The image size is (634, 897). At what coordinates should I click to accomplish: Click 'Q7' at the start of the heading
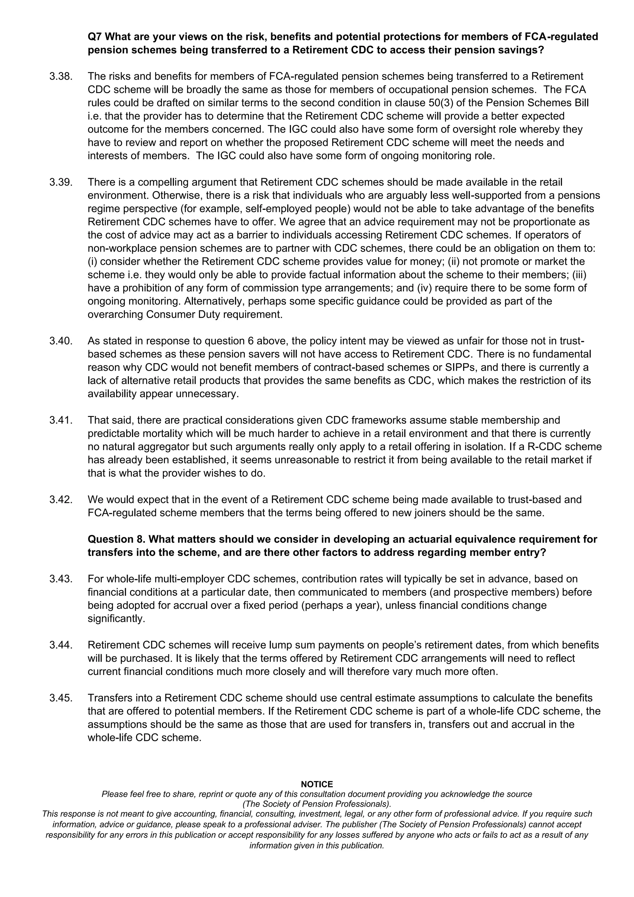pyautogui.click(x=95, y=37)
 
